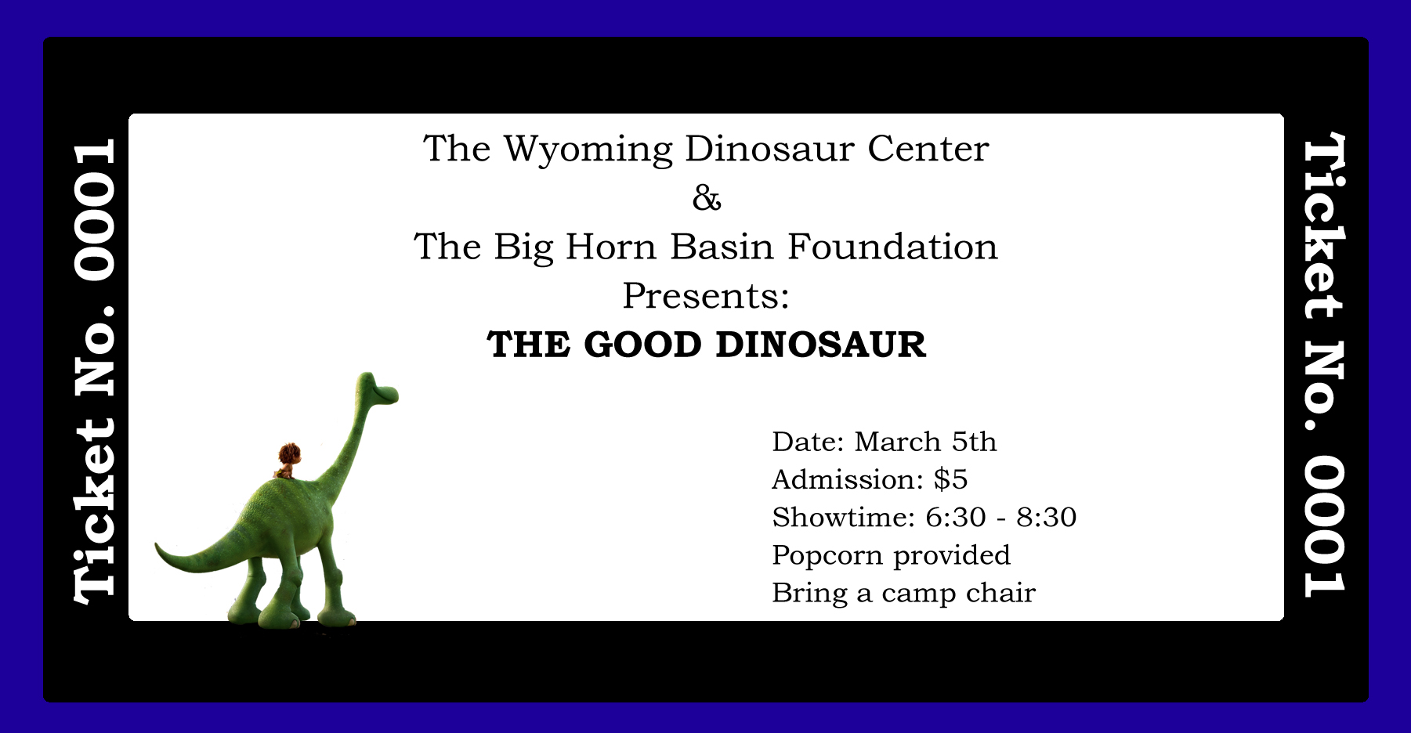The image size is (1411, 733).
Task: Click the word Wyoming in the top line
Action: [x=588, y=150]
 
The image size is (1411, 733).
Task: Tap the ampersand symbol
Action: [x=707, y=198]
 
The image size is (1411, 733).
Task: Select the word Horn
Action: [x=611, y=247]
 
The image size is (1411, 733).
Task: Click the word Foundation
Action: [x=892, y=247]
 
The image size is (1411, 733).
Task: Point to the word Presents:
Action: [x=706, y=296]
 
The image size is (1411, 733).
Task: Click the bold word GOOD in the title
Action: [x=642, y=345]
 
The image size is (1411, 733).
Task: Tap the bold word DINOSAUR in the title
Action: [x=821, y=345]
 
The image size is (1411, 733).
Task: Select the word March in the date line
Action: [x=897, y=442]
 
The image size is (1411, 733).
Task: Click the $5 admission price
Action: [x=950, y=479]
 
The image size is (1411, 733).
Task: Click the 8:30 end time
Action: [x=1046, y=518]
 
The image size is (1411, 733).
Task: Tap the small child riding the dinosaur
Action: [x=288, y=460]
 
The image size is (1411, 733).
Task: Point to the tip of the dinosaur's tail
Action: [x=157, y=545]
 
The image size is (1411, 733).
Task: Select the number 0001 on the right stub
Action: [x=1324, y=525]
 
